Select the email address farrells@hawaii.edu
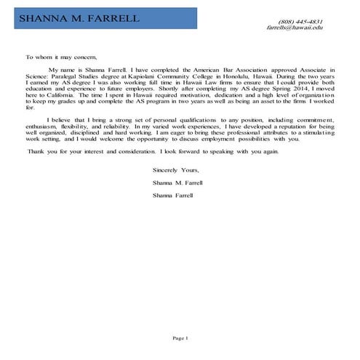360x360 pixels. [294, 28]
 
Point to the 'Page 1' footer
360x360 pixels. [180, 338]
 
